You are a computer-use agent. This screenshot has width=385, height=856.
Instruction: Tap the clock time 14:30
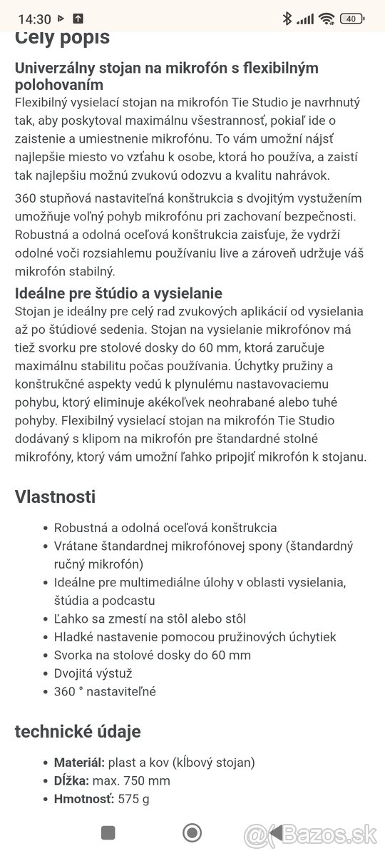pos(34,19)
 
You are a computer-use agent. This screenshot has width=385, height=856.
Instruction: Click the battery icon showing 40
pos(351,19)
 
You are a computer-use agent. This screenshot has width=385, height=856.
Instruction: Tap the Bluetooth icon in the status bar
pos(287,19)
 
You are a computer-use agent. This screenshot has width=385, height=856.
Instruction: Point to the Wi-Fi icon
pos(327,19)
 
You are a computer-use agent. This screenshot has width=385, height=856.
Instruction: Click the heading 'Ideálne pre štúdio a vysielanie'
pos(118,293)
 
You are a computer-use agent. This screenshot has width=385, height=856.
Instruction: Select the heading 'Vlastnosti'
pos(55,497)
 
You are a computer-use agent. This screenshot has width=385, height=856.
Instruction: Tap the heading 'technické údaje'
pos(78,731)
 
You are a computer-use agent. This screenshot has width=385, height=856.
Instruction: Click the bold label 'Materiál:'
pos(81,763)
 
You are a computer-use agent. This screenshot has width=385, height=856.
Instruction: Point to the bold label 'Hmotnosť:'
pos(84,799)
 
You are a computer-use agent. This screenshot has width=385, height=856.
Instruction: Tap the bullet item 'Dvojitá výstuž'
pos(93,673)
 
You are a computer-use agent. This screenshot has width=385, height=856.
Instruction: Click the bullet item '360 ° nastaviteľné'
pos(105,691)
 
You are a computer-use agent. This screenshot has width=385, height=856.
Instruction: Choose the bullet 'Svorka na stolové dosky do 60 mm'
pos(153,655)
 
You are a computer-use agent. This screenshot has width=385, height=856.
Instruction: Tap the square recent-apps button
pos(108,832)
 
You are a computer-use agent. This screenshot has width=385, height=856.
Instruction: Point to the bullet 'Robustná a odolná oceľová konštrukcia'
pos(165,528)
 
